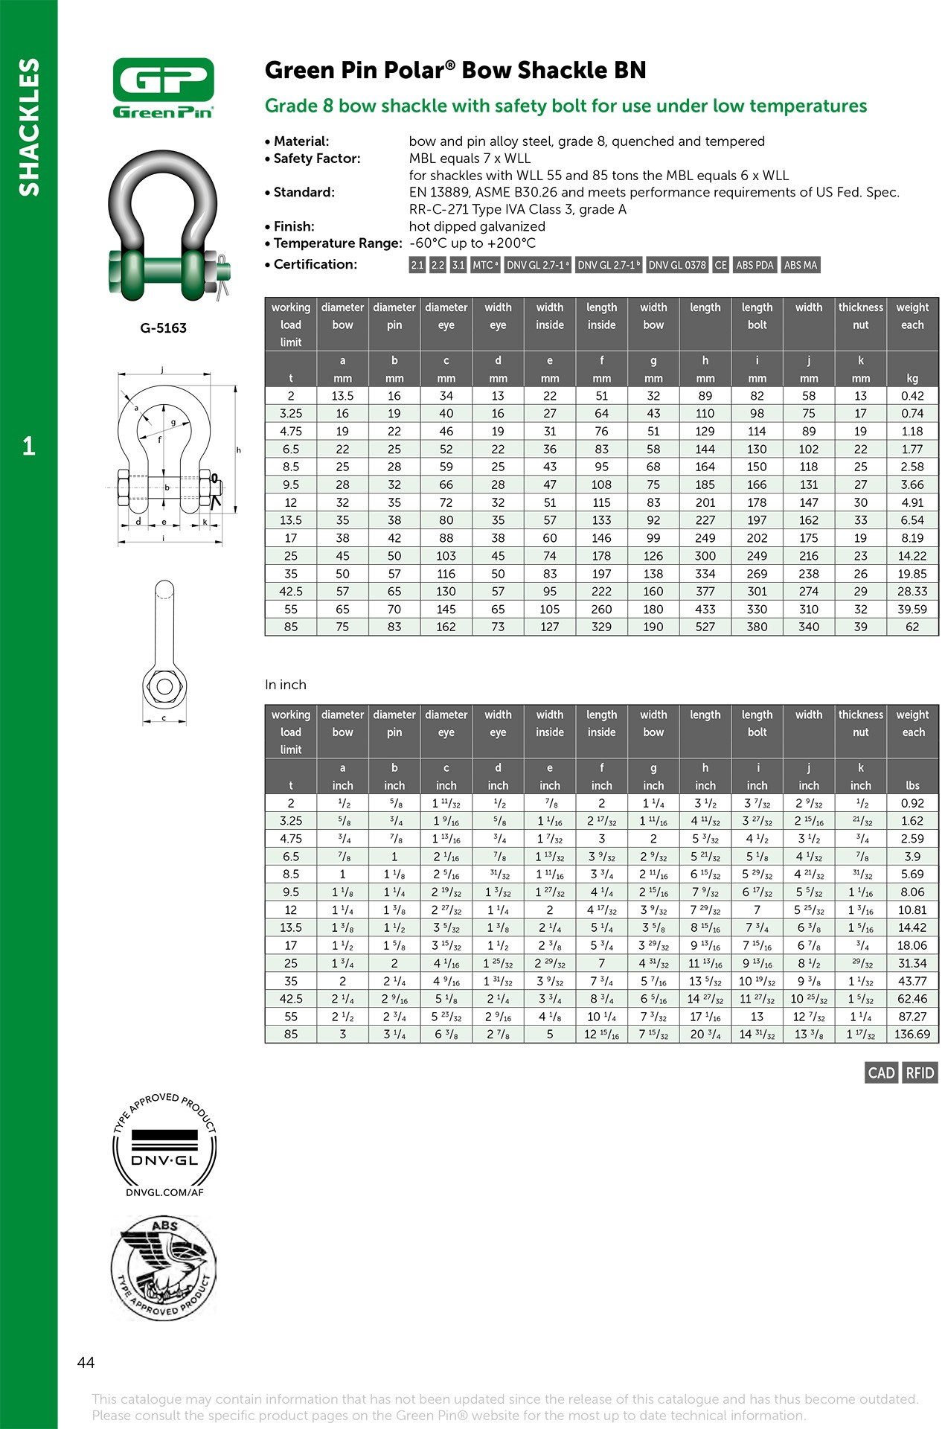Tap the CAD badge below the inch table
pyautogui.click(x=881, y=1072)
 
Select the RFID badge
pyautogui.click(x=920, y=1072)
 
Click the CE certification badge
pyautogui.click(x=720, y=265)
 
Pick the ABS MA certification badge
pyautogui.click(x=800, y=265)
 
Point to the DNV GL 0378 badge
pyautogui.click(x=677, y=265)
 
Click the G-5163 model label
pyautogui.click(x=163, y=327)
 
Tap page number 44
pyautogui.click(x=86, y=1362)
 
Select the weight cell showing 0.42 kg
pyautogui.click(x=912, y=396)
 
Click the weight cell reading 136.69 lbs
pyautogui.click(x=912, y=1034)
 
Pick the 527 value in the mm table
pyautogui.click(x=705, y=627)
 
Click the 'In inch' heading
pyautogui.click(x=286, y=685)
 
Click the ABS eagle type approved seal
pyautogui.click(x=164, y=1267)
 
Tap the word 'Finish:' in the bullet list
pyautogui.click(x=294, y=226)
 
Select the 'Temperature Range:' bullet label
pyautogui.click(x=338, y=243)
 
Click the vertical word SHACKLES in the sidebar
pyautogui.click(x=28, y=127)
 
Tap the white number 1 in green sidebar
pyautogui.click(x=28, y=446)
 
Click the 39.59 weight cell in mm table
pyautogui.click(x=912, y=609)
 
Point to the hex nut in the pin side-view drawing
pyautogui.click(x=164, y=685)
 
